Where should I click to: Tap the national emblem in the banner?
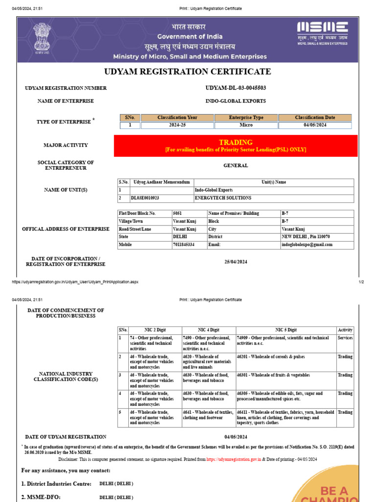pos(42,37)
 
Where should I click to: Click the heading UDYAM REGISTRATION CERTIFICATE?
pos(188,72)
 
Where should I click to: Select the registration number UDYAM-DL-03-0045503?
pos(235,88)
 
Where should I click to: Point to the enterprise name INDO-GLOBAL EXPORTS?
pos(235,101)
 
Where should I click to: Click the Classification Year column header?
pos(178,118)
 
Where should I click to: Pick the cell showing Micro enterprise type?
pos(246,125)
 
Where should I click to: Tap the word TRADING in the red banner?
pos(235,142)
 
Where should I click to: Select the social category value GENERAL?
pos(235,166)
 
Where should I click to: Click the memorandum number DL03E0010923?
pos(145,198)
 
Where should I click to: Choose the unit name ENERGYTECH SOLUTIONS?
pos(223,198)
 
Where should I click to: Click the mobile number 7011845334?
pos(184,244)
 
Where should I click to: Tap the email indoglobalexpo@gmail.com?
pos(307,244)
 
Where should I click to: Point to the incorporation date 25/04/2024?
pos(235,262)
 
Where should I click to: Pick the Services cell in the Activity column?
pos(345,338)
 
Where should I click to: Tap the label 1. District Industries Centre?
pos(56,484)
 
